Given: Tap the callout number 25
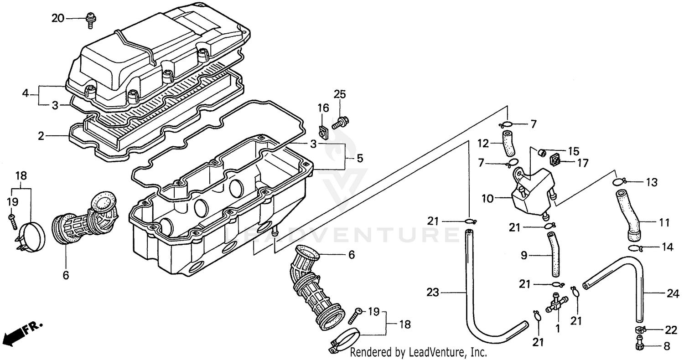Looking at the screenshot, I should tap(340, 94).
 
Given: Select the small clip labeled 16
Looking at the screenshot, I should tap(323, 132).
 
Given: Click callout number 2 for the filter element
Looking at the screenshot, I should tap(41, 136).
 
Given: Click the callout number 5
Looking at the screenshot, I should tap(360, 158).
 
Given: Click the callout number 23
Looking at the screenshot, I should tap(433, 292).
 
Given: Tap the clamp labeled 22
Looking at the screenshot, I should tap(640, 329).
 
